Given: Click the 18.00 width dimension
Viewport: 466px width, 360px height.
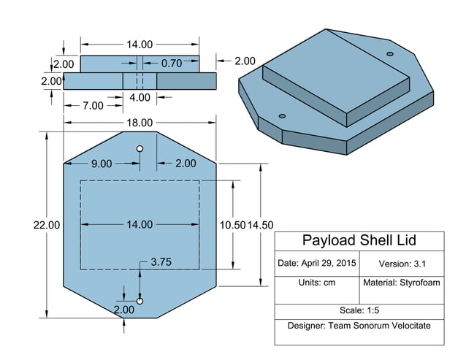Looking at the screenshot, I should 140,123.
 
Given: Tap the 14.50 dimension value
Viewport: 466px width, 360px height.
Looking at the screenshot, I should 261,225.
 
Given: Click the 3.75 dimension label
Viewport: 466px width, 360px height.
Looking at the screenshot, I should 161,261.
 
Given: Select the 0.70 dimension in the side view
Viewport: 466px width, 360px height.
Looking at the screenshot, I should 171,64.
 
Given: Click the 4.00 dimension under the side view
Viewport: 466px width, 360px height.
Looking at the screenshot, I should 140,97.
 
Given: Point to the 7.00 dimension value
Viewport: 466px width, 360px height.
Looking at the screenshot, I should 93,106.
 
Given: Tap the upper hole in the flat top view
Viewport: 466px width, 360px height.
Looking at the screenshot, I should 140,149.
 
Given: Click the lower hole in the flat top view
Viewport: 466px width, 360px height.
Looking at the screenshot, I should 140,301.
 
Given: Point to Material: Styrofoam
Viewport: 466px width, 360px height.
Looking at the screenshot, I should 402,283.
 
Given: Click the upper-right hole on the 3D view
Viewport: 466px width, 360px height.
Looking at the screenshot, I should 389,54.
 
